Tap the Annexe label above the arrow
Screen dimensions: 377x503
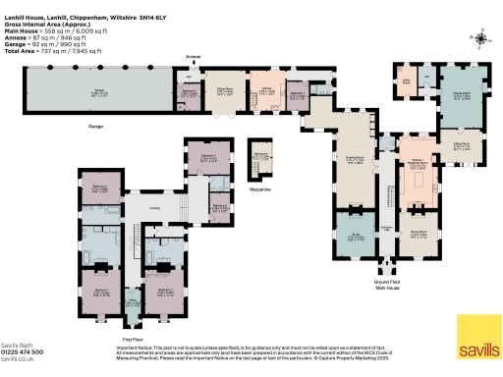tap(193, 58)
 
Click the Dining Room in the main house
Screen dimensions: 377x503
tap(418, 234)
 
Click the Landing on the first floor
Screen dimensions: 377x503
tap(154, 208)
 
